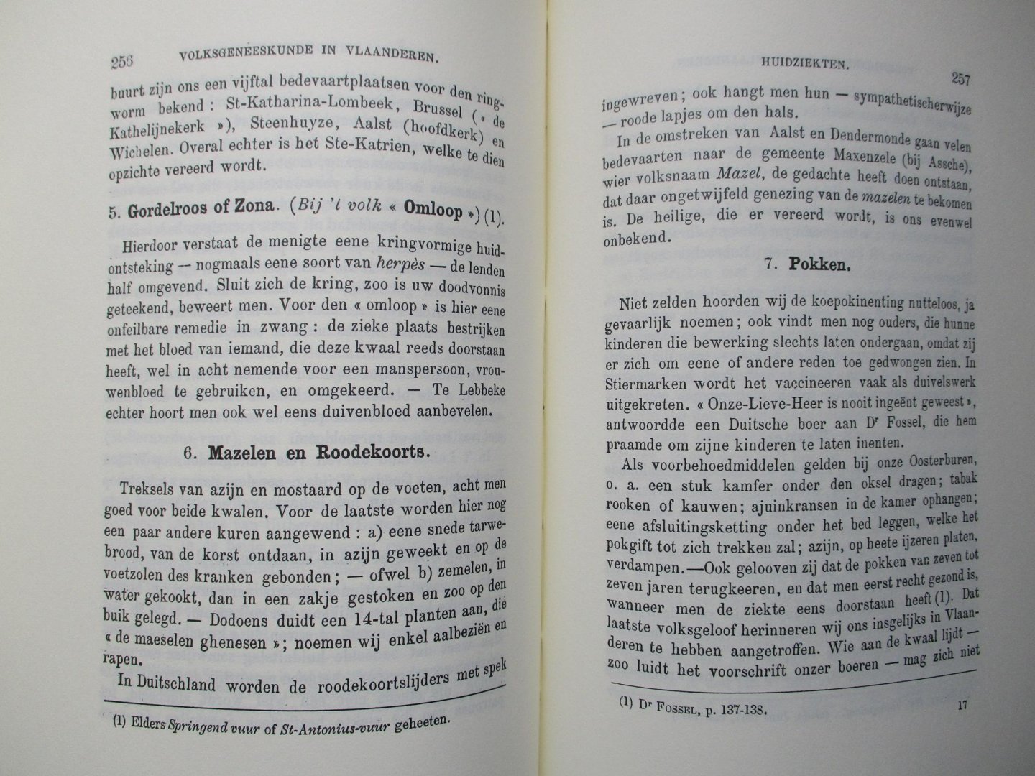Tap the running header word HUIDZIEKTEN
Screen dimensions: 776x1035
(805, 64)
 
